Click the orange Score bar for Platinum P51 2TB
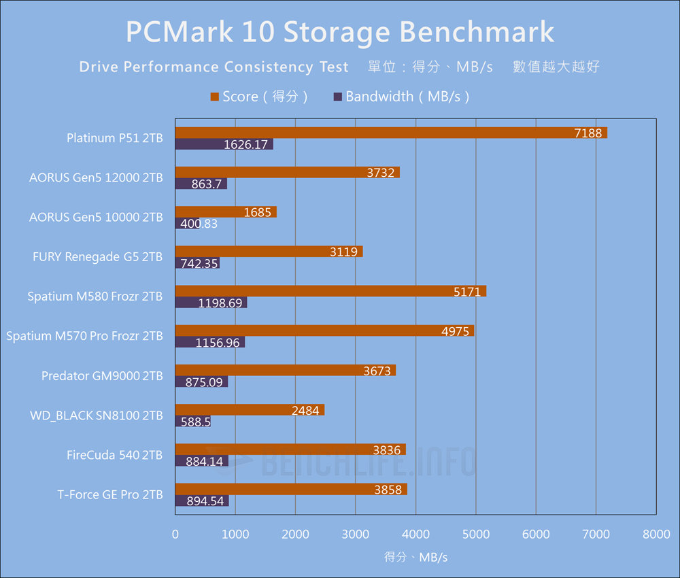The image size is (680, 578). [x=391, y=133]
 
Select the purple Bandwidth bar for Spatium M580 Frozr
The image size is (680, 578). [x=211, y=303]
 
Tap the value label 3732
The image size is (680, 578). [x=380, y=173]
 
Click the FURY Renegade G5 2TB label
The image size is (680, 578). [x=98, y=256]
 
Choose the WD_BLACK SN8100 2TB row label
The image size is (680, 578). [x=97, y=415]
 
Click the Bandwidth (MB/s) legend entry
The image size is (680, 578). [x=403, y=97]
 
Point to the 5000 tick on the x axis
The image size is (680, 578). [x=475, y=535]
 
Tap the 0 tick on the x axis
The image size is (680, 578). [x=175, y=535]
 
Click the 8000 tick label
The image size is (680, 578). [x=656, y=535]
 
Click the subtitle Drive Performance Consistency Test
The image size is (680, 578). [x=214, y=67]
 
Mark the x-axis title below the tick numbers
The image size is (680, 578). [x=415, y=557]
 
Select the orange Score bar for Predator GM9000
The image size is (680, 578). [x=286, y=370]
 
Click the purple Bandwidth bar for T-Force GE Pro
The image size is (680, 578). [x=202, y=501]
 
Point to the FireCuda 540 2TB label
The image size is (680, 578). [x=114, y=455]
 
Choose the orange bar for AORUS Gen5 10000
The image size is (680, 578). [x=226, y=212]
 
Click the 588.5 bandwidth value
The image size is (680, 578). [x=196, y=422]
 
